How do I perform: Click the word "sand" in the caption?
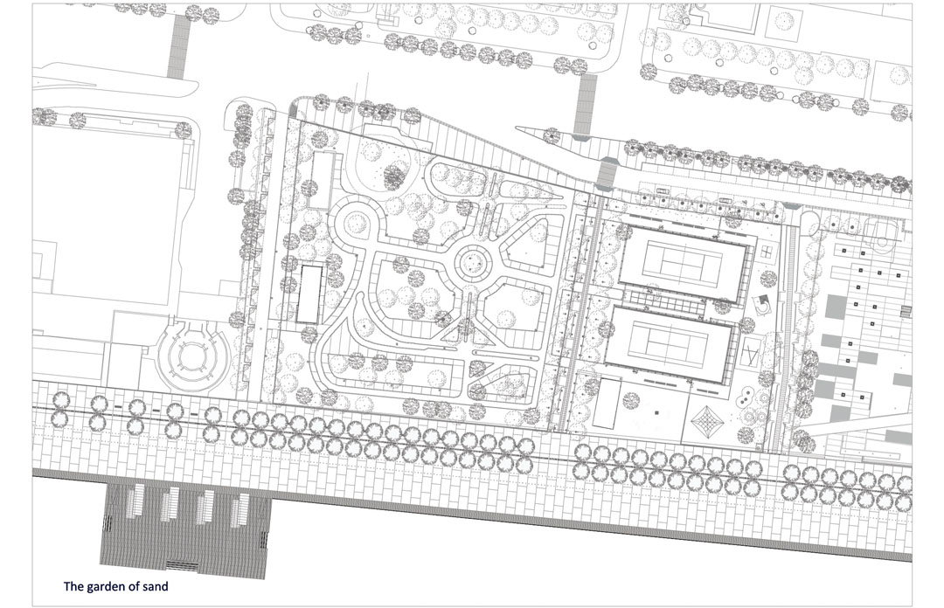155,586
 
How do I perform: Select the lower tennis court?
670,346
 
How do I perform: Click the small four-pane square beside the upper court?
767,251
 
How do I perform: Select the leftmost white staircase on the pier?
135,501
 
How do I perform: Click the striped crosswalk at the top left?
178,46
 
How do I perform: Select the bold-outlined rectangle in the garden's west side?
309,294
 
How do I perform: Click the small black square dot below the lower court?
656,412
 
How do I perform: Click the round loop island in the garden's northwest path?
355,221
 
